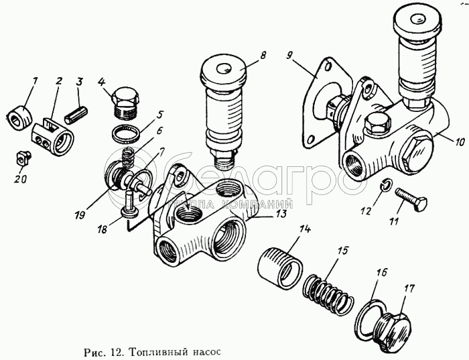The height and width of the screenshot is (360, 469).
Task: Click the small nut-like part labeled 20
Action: click(x=23, y=160)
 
